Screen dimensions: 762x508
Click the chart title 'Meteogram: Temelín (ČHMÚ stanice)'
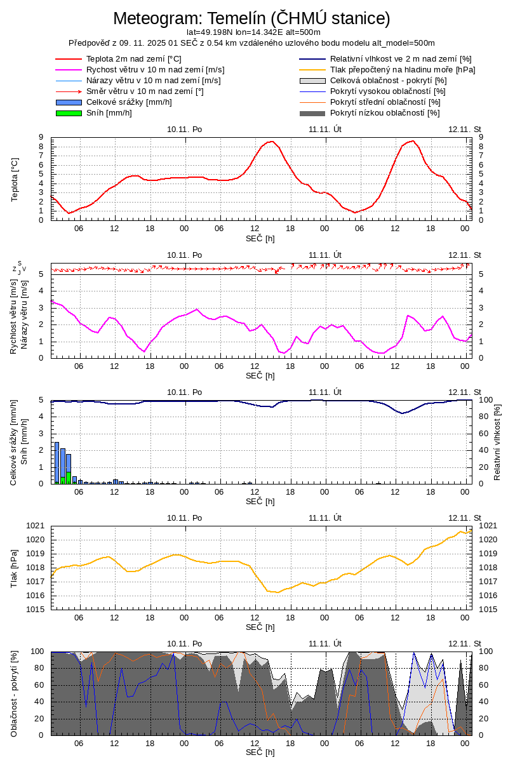pyautogui.click(x=251, y=18)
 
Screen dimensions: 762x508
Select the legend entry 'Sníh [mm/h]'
pyautogui.click(x=109, y=113)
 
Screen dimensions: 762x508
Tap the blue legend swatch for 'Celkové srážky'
pyautogui.click(x=69, y=102)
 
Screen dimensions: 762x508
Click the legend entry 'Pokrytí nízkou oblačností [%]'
pyautogui.click(x=385, y=113)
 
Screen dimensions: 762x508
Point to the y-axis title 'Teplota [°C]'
pyautogui.click(x=15, y=179)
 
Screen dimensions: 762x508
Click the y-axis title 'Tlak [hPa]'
pyautogui.click(x=15, y=568)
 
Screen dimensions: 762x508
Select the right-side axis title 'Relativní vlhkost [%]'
pyautogui.click(x=497, y=441)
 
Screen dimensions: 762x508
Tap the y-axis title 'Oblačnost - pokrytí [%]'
pyautogui.click(x=15, y=693)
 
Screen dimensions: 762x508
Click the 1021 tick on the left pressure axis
pyautogui.click(x=36, y=526)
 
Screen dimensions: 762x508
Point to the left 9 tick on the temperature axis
pyautogui.click(x=41, y=137)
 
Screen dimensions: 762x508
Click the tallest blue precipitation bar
pyautogui.click(x=57, y=462)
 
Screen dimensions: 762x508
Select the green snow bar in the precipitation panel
pyautogui.click(x=69, y=478)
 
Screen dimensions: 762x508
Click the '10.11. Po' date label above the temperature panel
pyautogui.click(x=185, y=129)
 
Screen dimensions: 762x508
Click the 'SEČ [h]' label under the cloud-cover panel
pyautogui.click(x=260, y=752)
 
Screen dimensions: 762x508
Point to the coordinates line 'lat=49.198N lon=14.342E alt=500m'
pyautogui.click(x=253, y=32)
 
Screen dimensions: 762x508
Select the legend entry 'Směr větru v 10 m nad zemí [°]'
pyautogui.click(x=145, y=91)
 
